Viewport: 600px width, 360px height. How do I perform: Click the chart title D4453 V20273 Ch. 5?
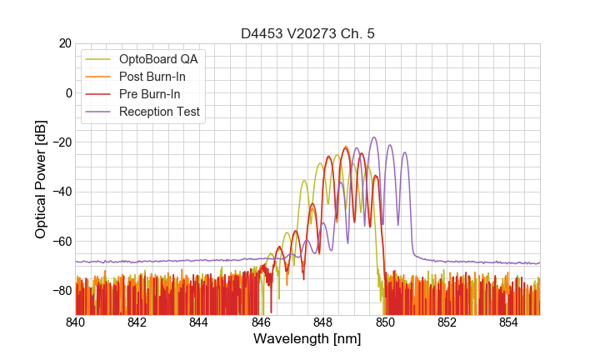point(307,33)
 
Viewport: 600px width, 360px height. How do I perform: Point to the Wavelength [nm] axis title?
point(307,339)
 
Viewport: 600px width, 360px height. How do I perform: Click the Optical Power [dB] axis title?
point(41,179)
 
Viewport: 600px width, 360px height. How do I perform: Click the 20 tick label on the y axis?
point(63,43)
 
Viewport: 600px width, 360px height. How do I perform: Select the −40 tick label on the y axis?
point(60,192)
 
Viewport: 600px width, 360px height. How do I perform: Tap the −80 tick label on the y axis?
point(60,291)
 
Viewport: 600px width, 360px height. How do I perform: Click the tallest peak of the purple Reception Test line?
point(374,137)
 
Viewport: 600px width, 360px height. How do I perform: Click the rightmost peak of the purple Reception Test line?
point(405,152)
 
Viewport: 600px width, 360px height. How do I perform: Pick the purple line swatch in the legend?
point(100,112)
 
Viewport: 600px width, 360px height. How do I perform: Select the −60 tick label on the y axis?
point(60,242)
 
